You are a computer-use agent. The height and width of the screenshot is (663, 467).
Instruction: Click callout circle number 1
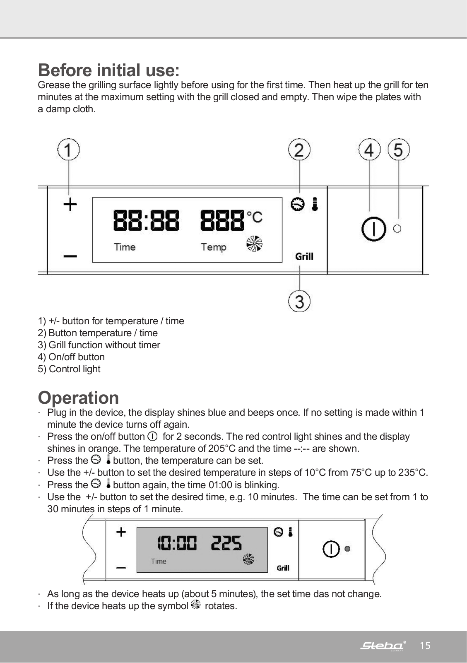[x=69, y=149]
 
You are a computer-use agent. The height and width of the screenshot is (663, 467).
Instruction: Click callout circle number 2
[x=299, y=149]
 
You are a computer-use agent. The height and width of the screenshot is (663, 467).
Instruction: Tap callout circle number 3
[x=299, y=301]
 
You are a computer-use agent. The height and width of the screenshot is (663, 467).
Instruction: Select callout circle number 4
[x=369, y=149]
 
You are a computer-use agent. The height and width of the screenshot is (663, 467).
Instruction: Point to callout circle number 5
[x=399, y=149]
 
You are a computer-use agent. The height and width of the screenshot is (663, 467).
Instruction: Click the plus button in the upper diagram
[x=70, y=205]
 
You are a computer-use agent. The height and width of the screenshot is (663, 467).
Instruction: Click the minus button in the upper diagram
[x=70, y=257]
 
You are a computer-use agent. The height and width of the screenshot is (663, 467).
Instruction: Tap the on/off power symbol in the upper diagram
[x=374, y=229]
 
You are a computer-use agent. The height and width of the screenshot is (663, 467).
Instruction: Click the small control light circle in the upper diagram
[x=397, y=229]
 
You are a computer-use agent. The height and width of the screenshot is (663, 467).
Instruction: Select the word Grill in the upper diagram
[x=304, y=257]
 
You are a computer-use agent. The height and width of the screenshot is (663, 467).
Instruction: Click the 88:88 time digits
[x=147, y=221]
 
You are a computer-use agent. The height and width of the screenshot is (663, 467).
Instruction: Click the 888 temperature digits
[x=222, y=221]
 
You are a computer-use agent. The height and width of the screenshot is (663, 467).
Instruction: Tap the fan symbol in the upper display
[x=254, y=244]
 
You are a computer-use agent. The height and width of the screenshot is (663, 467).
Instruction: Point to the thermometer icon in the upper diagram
[x=315, y=204]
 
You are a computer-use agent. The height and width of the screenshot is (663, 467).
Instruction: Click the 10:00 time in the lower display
[x=177, y=543]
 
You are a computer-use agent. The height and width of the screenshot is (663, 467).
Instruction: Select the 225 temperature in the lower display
[x=226, y=543]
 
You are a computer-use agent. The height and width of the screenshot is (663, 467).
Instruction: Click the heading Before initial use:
[x=109, y=70]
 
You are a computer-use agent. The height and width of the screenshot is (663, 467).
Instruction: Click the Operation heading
[x=79, y=398]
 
